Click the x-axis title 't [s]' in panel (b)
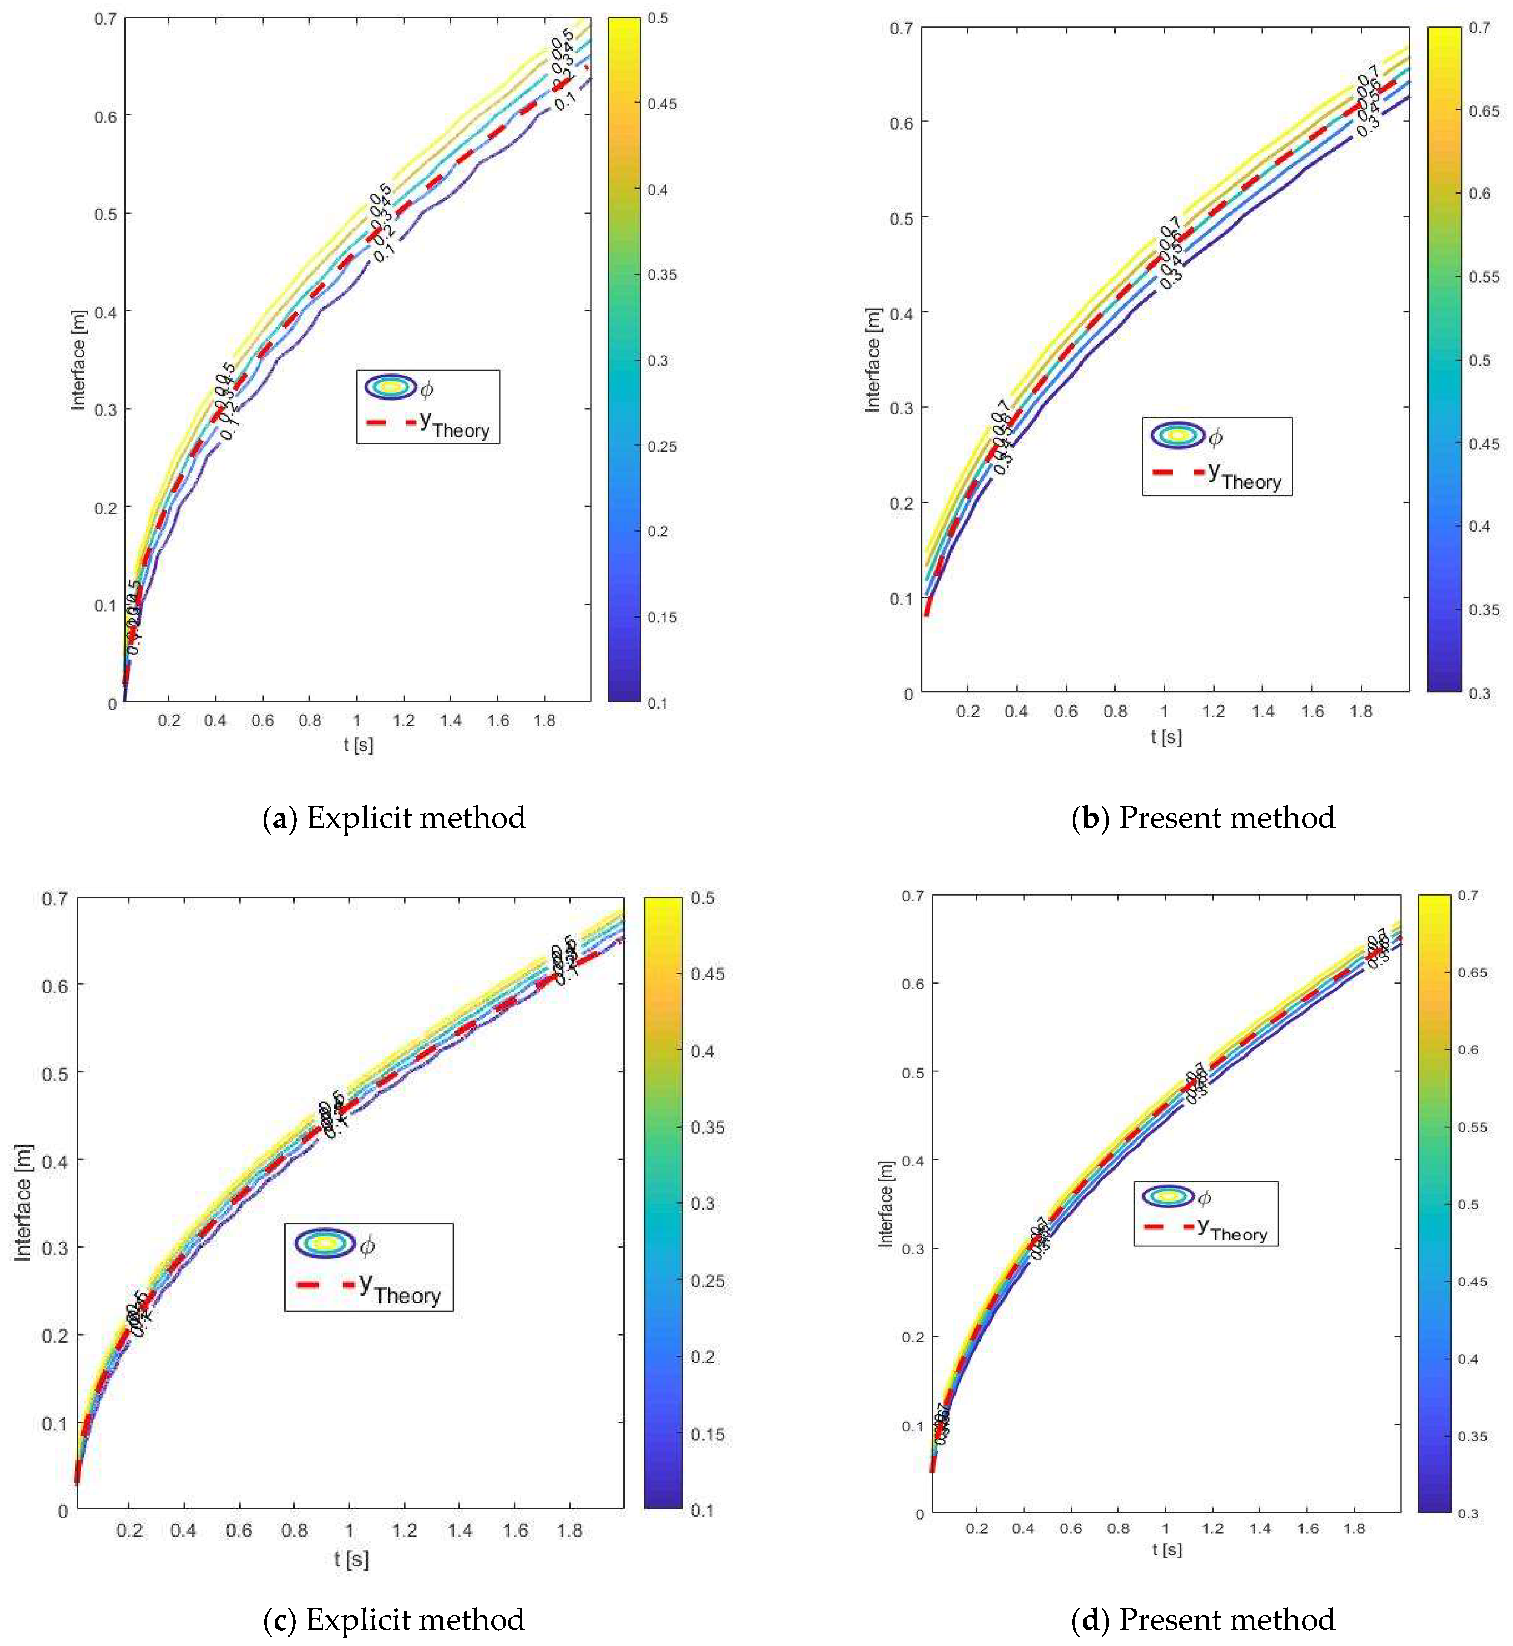pos(1166,737)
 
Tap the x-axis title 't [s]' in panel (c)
pos(351,1558)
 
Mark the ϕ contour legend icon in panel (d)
pos(1169,1196)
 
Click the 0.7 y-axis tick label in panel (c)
pos(55,898)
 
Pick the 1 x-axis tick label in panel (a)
pos(357,721)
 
